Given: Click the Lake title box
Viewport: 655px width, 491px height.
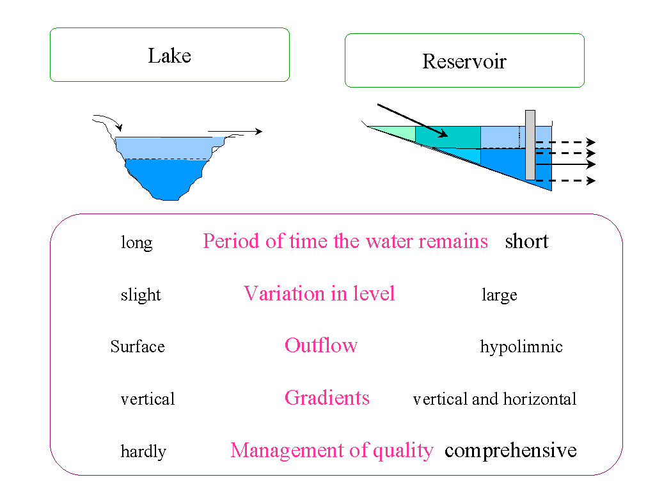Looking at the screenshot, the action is point(170,55).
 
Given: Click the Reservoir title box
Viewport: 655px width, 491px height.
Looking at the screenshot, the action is point(464,61).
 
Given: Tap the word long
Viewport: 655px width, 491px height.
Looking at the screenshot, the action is point(137,242).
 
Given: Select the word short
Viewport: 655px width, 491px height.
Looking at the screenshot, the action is point(526,241).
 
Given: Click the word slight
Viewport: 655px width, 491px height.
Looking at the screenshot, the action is point(141,295).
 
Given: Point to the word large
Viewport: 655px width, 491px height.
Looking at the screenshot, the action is point(499,295).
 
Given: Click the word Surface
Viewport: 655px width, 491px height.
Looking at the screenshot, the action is point(138,347).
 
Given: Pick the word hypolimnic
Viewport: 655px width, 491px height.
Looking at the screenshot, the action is point(521,347).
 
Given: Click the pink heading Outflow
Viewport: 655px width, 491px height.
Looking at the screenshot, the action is point(321,345).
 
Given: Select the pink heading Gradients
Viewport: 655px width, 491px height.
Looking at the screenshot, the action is point(327,398).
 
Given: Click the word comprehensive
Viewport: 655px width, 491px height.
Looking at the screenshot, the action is point(510,451).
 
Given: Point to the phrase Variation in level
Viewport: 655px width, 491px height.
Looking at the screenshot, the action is point(319,293).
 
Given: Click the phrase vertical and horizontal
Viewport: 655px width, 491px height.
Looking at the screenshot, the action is point(494,399).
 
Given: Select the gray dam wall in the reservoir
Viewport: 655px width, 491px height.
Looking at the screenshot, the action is point(530,145).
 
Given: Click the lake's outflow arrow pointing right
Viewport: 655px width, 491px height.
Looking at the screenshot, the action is point(235,132).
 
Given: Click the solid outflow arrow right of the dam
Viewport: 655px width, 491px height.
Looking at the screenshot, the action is point(565,164).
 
